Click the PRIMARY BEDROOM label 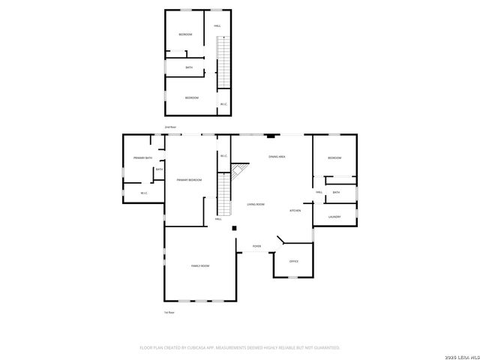click(189, 180)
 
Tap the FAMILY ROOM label click(199, 266)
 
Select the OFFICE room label click(294, 261)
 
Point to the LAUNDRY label click(334, 217)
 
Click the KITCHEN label click(295, 211)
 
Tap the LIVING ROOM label click(256, 204)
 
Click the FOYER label click(256, 246)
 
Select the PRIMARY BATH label click(142, 157)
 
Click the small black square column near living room click(234, 228)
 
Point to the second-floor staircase click(222, 64)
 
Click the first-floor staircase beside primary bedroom click(223, 193)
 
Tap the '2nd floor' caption click(170, 127)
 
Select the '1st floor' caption click(169, 312)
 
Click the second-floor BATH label click(189, 67)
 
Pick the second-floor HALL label click(217, 26)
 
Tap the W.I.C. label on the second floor click(223, 103)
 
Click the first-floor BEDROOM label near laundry click(334, 157)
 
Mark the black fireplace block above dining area click(271, 136)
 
